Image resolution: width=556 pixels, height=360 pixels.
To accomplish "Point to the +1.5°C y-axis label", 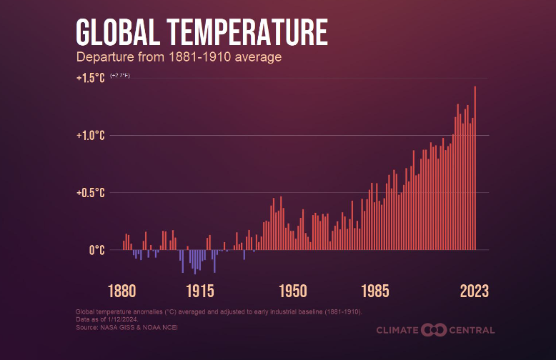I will (x=91, y=78).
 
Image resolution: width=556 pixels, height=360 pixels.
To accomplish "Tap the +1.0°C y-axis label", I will (x=91, y=135).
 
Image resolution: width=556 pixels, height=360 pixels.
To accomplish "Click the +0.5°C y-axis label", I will (x=91, y=192).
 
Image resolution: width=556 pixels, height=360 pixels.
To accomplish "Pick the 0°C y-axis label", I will (x=96, y=250).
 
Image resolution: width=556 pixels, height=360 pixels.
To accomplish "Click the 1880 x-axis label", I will (x=122, y=291).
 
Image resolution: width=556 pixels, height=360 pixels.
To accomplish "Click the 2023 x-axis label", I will (x=474, y=291).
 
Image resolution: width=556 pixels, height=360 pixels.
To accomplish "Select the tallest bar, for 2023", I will (x=475, y=168).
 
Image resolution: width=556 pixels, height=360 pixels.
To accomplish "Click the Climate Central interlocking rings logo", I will (x=434, y=329).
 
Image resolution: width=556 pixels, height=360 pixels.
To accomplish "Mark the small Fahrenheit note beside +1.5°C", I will (x=120, y=75).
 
